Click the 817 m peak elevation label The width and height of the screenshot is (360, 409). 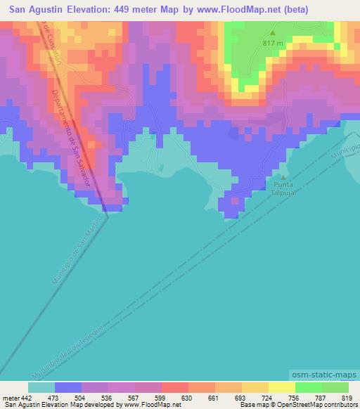tap(274, 44)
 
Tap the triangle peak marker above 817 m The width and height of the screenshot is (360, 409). tap(274, 32)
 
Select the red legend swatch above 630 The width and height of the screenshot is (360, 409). tap(174, 387)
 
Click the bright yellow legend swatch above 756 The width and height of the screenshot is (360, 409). tap(282, 387)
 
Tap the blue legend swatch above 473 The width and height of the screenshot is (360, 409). tap(67, 387)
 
